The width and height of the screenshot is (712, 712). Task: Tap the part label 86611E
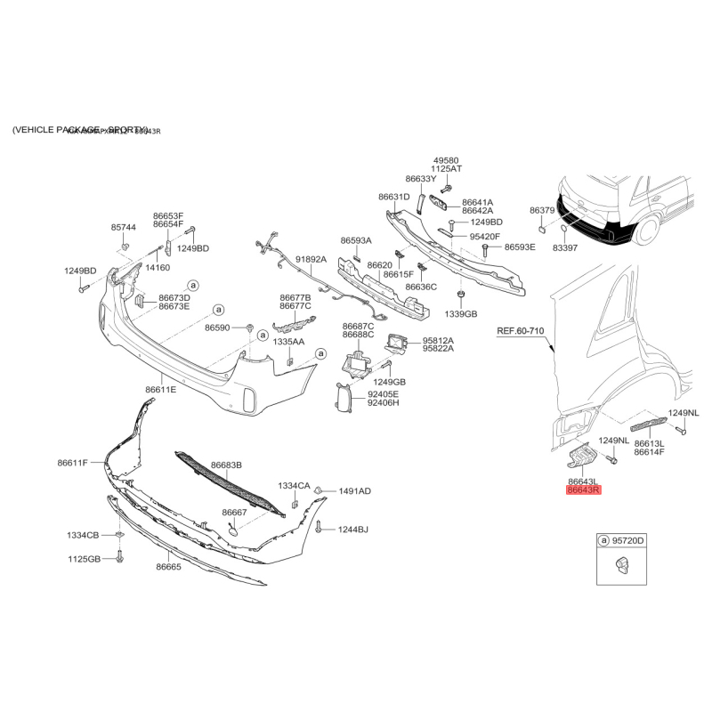(x=161, y=390)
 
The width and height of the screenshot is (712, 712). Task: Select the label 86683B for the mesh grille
(x=227, y=465)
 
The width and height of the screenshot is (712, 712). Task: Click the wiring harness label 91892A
(x=311, y=259)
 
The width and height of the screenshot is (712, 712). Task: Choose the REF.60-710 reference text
(x=520, y=330)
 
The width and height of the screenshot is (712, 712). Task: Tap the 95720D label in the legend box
(x=627, y=540)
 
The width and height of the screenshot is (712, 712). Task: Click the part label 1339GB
(x=461, y=314)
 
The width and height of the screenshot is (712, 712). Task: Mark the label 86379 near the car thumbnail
(x=542, y=211)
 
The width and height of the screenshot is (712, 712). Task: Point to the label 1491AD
(x=354, y=490)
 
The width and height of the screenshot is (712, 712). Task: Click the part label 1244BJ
(x=352, y=530)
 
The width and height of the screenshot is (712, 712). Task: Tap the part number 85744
(x=124, y=228)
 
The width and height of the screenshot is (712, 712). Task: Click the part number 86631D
(x=393, y=197)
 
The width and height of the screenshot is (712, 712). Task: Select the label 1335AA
(x=288, y=341)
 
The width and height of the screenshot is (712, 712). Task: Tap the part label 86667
(x=234, y=513)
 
